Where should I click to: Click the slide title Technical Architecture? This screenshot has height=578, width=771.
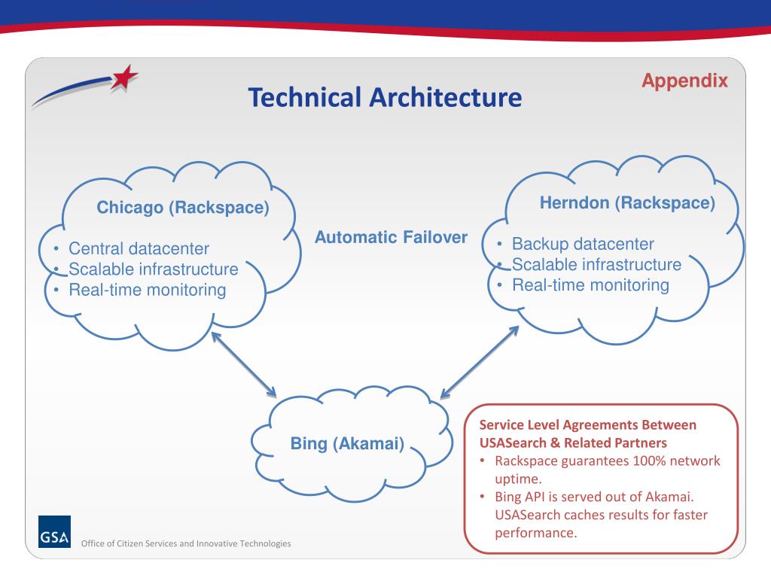point(385,96)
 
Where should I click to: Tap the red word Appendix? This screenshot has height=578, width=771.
point(684,81)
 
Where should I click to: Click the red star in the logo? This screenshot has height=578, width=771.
point(125,78)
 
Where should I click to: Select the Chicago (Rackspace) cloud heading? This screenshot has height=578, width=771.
point(183,208)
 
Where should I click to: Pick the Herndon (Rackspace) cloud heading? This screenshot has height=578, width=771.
point(627,202)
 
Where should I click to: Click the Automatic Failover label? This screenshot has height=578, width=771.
point(391,237)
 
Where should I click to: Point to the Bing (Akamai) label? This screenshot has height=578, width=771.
point(348,444)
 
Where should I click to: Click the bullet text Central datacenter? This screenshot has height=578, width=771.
point(139,248)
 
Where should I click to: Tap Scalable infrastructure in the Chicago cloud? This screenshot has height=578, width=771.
point(153,269)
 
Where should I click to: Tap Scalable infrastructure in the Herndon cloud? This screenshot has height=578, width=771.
point(596,264)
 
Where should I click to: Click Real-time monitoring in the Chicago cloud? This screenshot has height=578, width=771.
point(147,290)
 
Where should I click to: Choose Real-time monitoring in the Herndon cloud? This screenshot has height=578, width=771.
point(590,285)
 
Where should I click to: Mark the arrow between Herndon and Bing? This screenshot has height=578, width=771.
point(480,360)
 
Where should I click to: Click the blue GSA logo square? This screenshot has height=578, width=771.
point(54,531)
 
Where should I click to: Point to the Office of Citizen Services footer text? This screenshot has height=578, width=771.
point(185,543)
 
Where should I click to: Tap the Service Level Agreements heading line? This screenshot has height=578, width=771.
point(588,424)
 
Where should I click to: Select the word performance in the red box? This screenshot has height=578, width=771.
point(535,533)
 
